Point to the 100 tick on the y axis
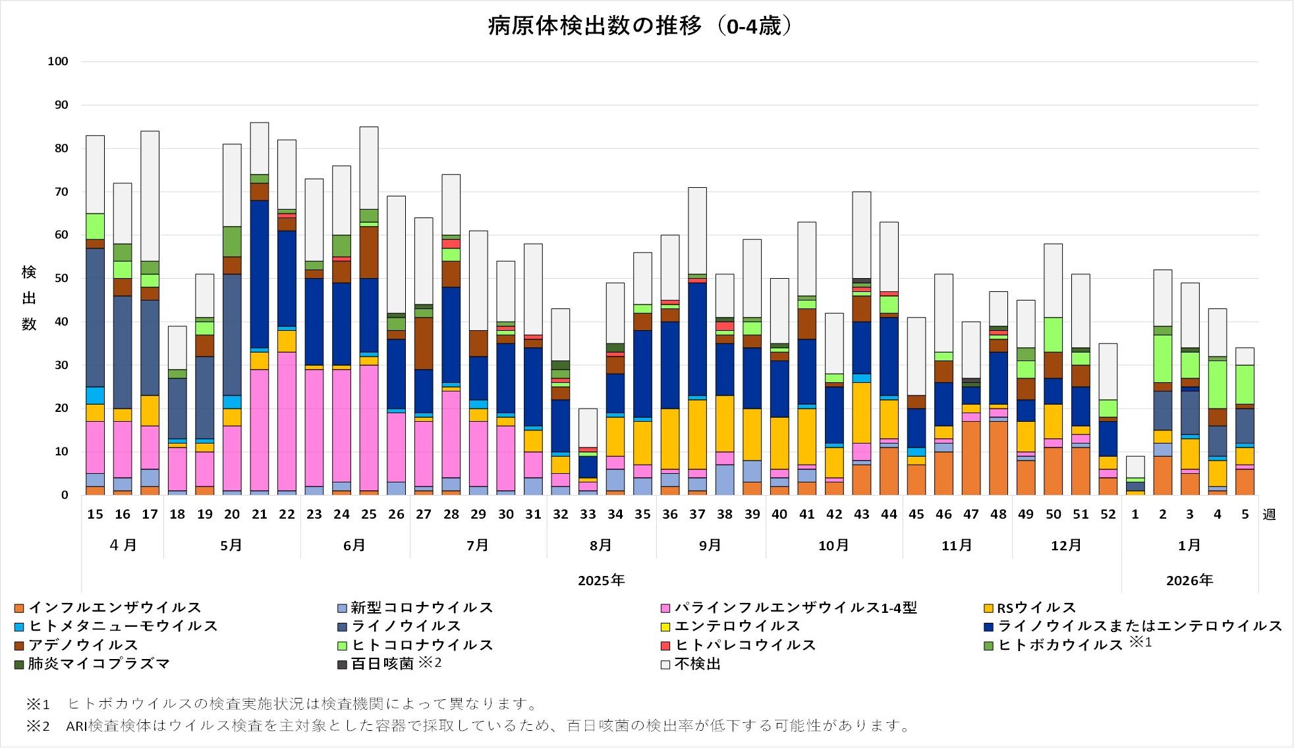58,61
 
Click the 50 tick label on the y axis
61,278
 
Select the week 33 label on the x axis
588,514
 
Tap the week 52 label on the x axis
1108,514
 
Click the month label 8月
601,546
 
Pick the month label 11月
957,546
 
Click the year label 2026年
1189,581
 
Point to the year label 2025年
601,581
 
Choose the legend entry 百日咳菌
382,664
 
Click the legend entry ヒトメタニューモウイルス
123,626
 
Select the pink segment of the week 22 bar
287,422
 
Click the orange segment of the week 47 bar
971,458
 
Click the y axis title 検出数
29,298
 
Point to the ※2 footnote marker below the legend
38,726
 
